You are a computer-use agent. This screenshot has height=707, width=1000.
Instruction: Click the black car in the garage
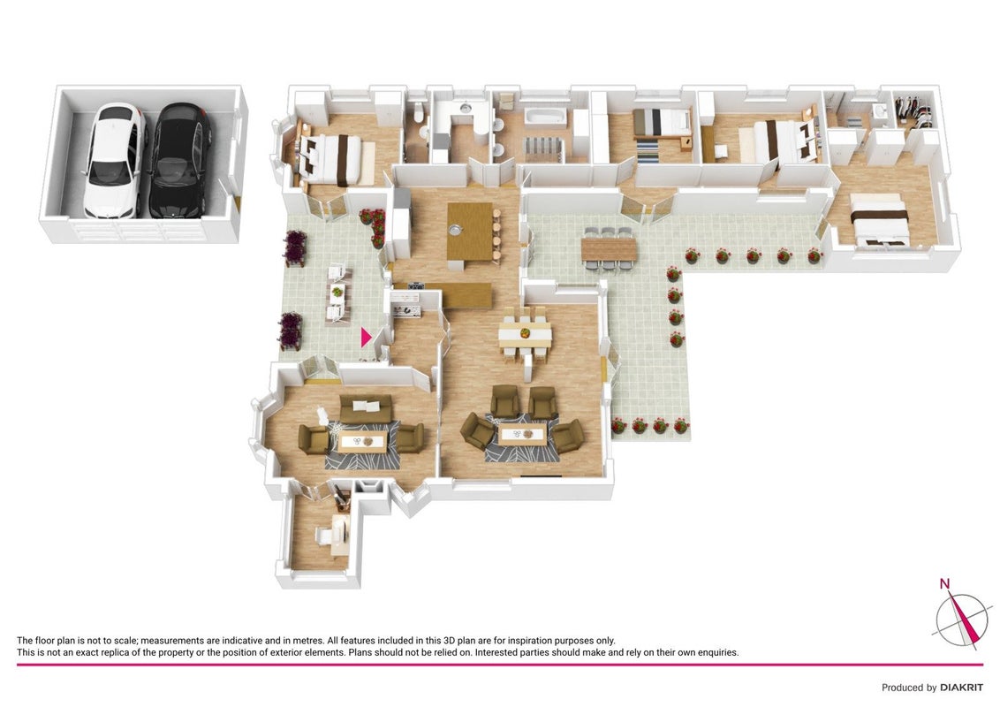pos(180,161)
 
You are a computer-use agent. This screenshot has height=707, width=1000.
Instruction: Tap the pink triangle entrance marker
pos(366,337)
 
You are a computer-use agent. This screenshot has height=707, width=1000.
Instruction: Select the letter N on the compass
pos(944,583)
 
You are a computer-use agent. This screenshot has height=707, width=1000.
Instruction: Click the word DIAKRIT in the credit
pos(961,688)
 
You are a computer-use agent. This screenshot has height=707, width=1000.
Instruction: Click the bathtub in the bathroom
pos(544,116)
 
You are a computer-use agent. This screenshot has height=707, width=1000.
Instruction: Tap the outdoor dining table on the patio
pos(609,249)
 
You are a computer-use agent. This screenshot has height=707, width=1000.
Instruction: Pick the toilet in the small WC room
pos(419,112)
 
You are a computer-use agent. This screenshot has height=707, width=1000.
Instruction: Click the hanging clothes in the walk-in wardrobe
pos(913,109)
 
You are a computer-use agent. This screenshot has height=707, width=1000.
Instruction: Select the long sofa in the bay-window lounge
pos(366,408)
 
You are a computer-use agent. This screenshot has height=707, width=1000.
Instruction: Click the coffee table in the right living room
pos(522,436)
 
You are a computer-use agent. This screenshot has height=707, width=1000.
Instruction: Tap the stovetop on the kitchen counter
pos(416,285)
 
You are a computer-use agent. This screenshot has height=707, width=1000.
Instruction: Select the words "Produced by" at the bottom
pos(909,688)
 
